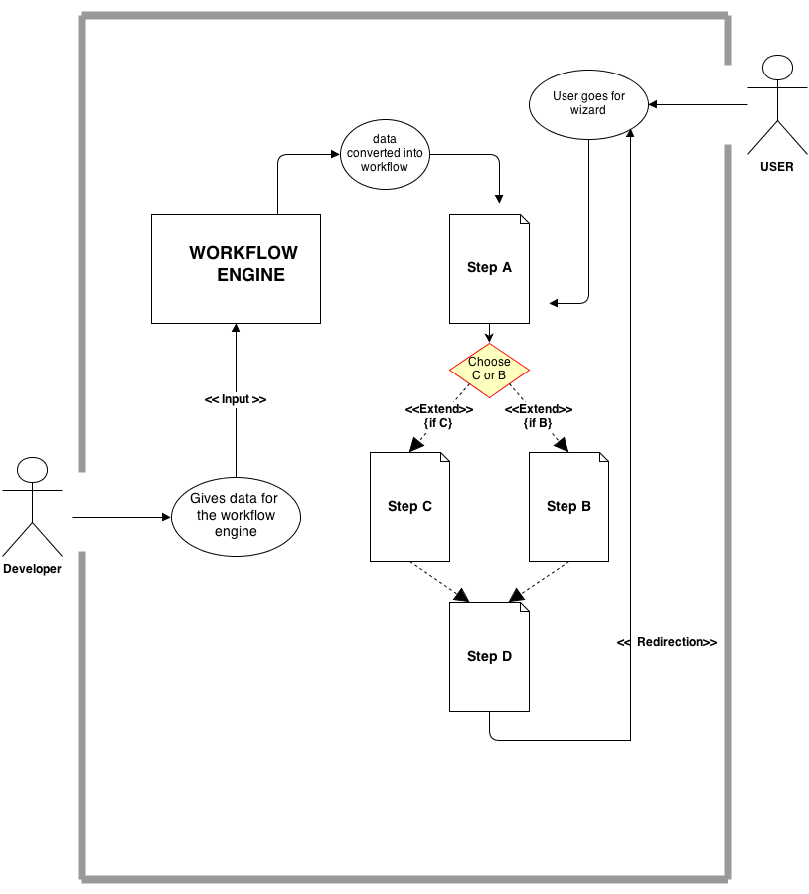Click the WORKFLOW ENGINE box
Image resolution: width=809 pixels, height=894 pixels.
coord(236,268)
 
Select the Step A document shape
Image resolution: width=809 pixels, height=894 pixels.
coord(489,268)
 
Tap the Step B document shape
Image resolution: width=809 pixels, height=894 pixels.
coord(568,506)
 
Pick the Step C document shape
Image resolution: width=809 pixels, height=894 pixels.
coord(409,506)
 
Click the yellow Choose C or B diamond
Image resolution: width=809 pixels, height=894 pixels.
coord(489,369)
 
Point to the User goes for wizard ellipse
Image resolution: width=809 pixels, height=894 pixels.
coord(589,104)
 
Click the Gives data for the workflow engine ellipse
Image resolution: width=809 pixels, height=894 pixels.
coord(236,517)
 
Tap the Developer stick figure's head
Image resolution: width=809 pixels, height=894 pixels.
coord(33,470)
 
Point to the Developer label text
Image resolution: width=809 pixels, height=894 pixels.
coord(32,569)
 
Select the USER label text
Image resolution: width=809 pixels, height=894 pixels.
coord(776,167)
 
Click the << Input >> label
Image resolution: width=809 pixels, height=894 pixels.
coord(236,399)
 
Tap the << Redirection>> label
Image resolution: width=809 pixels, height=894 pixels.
coord(667,643)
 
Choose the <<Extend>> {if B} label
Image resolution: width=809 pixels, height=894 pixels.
coord(538,416)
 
